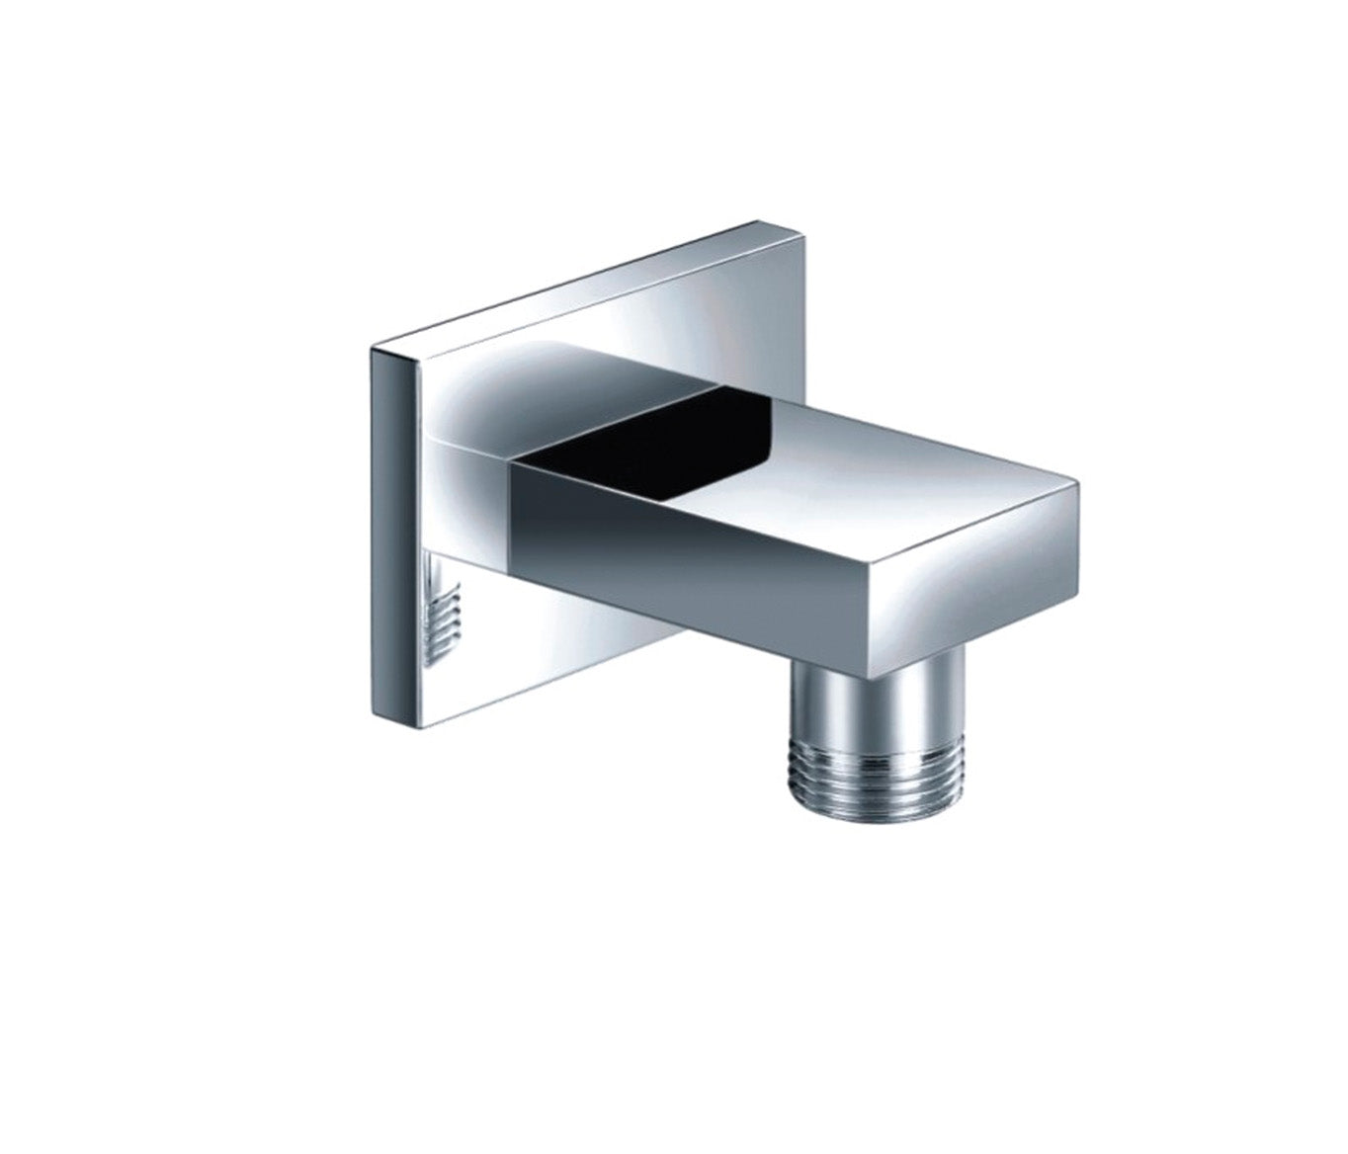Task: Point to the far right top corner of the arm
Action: [x=1079, y=484]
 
